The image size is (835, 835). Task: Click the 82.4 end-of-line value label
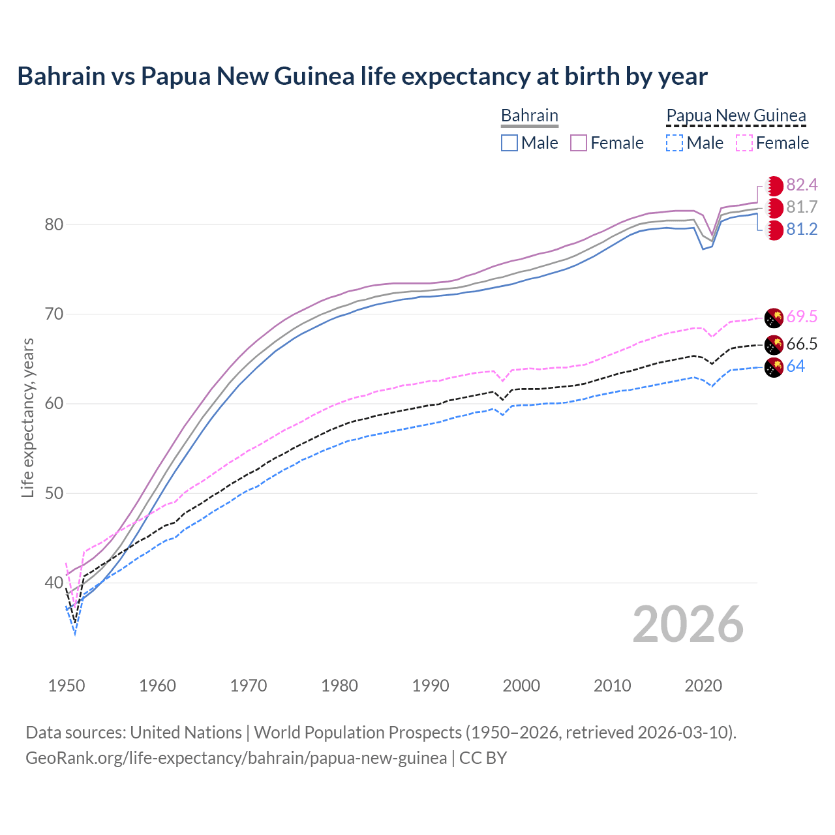[x=802, y=185]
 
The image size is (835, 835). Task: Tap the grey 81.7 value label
[x=802, y=207]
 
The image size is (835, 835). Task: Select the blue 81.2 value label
[x=802, y=230]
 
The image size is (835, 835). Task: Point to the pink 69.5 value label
[x=802, y=317]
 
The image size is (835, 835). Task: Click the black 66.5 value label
[x=802, y=344]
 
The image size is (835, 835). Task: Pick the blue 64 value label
[x=795, y=367]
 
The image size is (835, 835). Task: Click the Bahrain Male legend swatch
[x=509, y=143]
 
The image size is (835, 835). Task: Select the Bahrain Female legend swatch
[x=579, y=143]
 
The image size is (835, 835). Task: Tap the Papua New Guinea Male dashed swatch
[x=675, y=143]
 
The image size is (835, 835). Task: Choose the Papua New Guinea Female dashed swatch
[x=744, y=143]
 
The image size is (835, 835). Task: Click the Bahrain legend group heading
[x=529, y=116]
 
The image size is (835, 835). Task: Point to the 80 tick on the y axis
[x=53, y=225]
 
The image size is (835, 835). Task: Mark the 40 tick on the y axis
[x=53, y=583]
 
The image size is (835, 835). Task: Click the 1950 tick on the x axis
[x=67, y=686]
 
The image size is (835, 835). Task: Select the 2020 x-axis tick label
[x=703, y=686]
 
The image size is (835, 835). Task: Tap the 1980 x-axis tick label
[x=339, y=686]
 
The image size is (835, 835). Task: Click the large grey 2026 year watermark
[x=688, y=625]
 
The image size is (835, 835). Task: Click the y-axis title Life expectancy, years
[x=27, y=417]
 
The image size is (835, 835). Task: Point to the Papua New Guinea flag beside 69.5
[x=774, y=318]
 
